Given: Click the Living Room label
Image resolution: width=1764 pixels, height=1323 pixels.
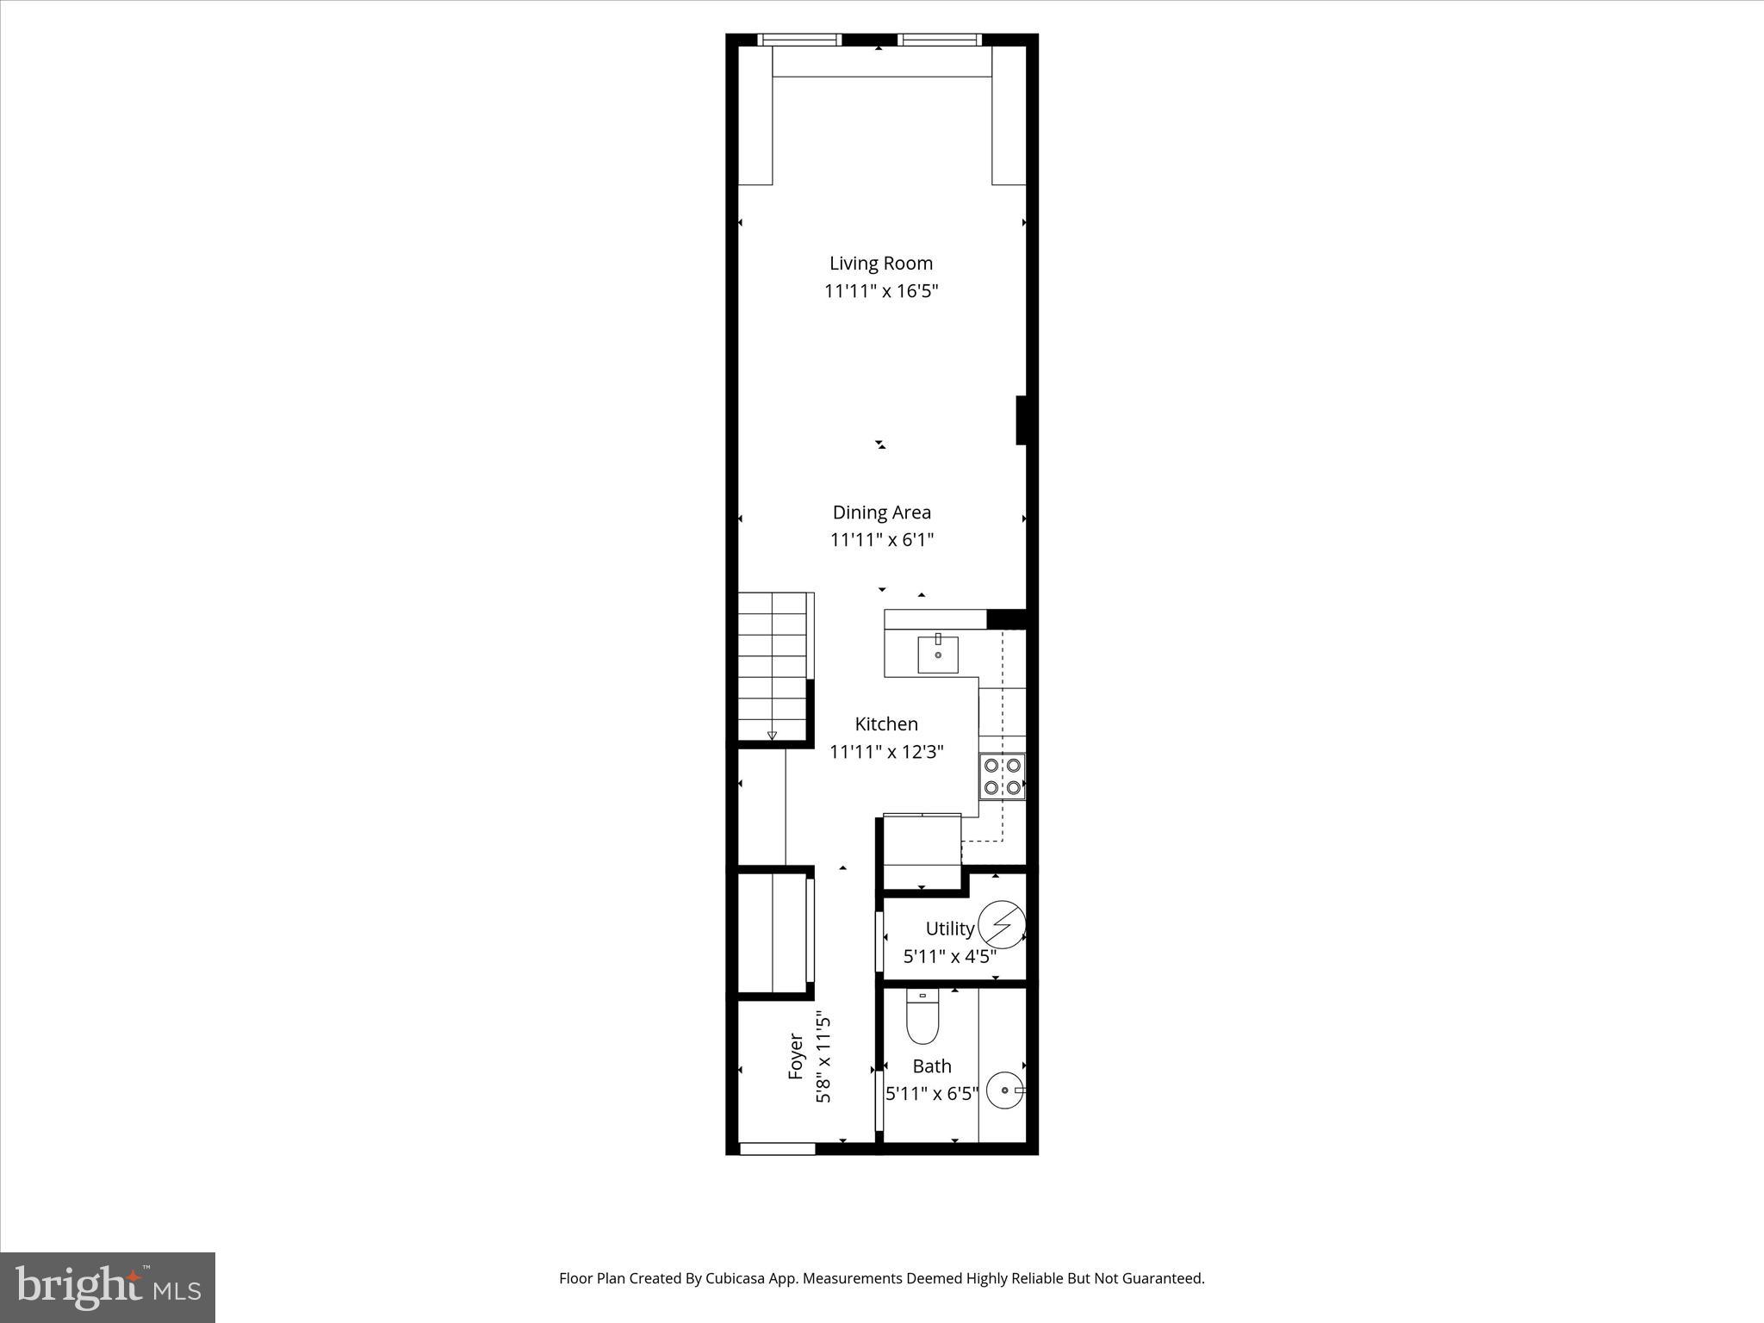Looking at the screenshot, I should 880,264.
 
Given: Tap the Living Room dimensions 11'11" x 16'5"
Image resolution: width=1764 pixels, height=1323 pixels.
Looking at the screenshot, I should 880,291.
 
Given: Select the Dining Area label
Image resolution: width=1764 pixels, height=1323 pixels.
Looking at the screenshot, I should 881,512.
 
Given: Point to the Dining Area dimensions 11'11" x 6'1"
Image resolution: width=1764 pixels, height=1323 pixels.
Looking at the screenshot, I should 881,540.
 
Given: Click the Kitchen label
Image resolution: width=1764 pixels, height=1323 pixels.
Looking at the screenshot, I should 885,724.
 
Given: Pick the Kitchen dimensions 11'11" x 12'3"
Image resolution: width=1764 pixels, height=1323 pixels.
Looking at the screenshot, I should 885,752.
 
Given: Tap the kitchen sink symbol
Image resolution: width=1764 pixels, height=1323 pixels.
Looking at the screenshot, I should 937,654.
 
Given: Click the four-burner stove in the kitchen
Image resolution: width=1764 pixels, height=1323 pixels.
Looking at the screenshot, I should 1002,776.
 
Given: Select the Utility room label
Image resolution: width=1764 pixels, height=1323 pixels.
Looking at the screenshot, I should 949,929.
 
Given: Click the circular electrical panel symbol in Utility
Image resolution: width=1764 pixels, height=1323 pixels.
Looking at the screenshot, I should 1002,925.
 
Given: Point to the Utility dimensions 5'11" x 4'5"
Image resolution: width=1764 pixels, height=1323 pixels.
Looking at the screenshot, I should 949,956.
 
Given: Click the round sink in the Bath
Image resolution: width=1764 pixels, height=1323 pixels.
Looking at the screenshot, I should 1003,1091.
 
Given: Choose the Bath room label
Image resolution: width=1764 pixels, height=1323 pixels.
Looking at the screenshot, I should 931,1066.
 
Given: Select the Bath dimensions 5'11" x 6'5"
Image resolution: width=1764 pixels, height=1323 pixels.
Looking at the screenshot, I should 931,1094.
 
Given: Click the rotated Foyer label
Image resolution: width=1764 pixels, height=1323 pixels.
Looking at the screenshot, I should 796,1057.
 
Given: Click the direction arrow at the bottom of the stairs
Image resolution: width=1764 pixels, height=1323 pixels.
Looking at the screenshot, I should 772,736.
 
